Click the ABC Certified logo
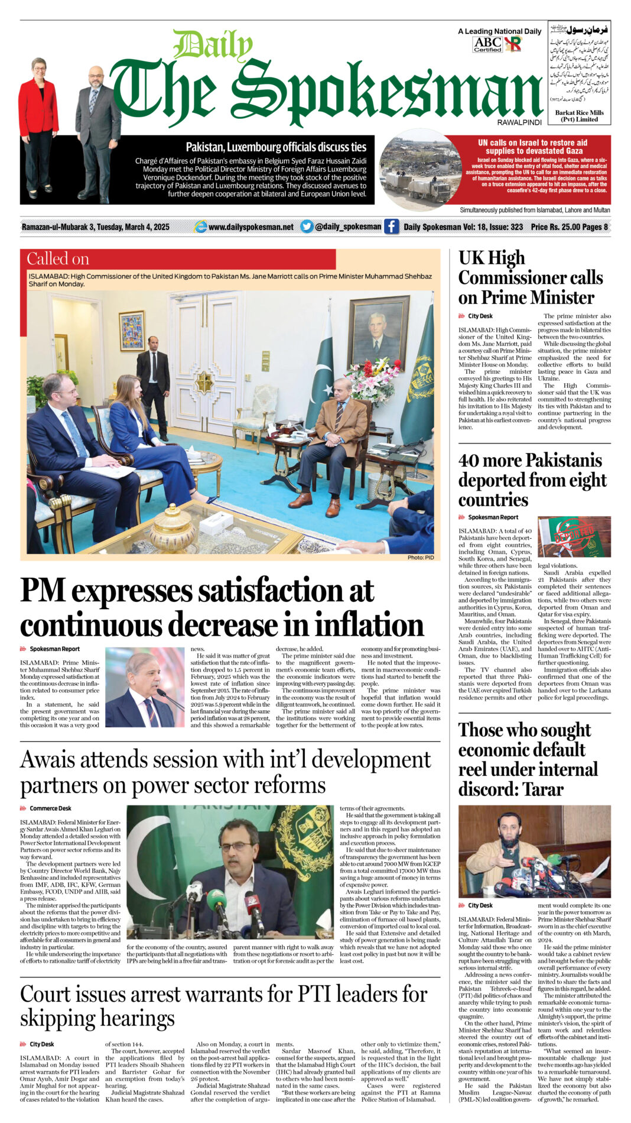[487, 44]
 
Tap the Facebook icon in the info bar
[391, 226]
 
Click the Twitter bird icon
[306, 226]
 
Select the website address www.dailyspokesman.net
[251, 227]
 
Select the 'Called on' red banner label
[58, 259]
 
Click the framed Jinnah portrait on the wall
[378, 331]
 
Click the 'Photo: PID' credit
[420, 558]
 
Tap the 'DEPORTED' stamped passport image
[574, 538]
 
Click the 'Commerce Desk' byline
[50, 808]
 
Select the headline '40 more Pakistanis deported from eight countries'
[530, 480]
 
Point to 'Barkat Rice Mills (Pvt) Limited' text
[579, 116]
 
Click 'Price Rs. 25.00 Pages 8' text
[569, 227]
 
